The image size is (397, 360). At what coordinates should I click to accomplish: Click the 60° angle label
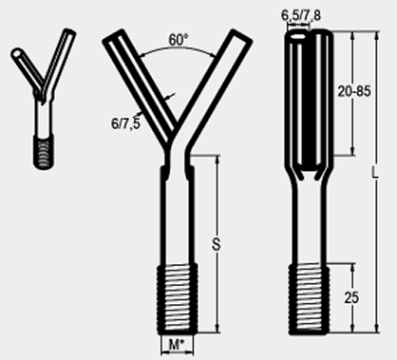click(x=178, y=40)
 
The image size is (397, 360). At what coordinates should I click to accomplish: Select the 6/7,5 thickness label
click(x=125, y=123)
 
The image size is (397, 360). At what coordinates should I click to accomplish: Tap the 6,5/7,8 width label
click(x=301, y=16)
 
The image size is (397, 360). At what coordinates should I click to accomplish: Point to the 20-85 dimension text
click(x=354, y=91)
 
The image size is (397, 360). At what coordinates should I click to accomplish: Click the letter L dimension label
click(x=375, y=173)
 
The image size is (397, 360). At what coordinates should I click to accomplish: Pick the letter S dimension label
click(x=216, y=244)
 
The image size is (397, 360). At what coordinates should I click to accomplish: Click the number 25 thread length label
click(x=351, y=298)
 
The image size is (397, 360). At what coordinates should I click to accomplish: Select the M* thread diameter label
click(x=177, y=345)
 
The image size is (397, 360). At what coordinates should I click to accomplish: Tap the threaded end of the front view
click(x=178, y=299)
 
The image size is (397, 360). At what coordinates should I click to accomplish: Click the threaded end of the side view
click(x=309, y=299)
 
